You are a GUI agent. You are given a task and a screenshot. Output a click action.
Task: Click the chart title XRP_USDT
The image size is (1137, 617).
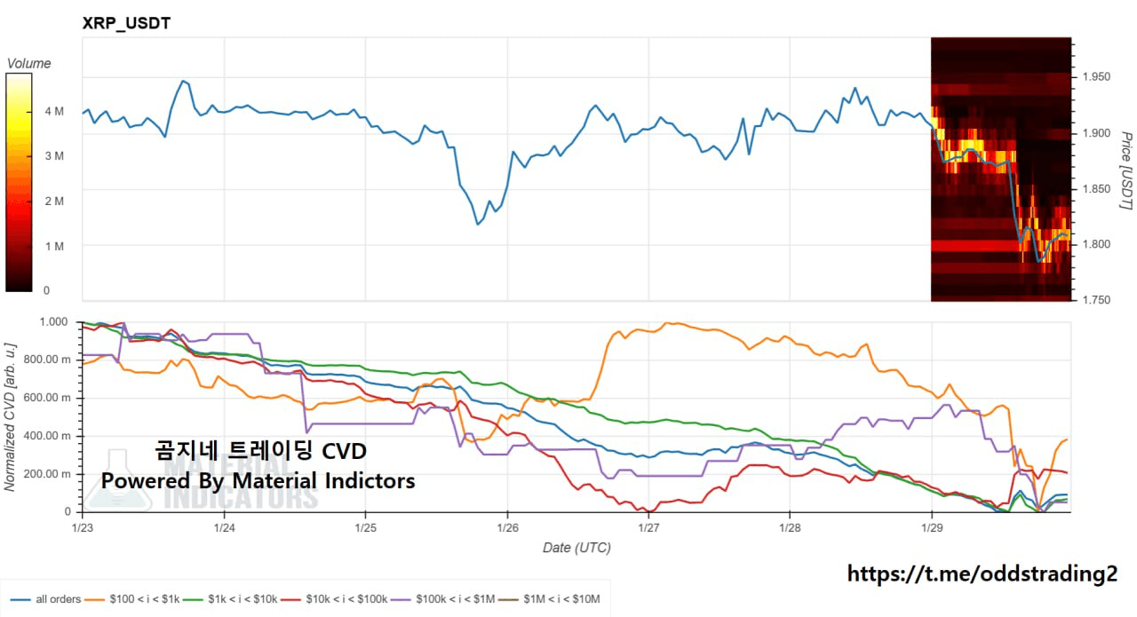tap(126, 24)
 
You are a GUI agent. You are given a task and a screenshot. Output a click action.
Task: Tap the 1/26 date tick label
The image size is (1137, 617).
tap(507, 526)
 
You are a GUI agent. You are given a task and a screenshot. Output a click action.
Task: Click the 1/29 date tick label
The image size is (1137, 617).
tap(931, 526)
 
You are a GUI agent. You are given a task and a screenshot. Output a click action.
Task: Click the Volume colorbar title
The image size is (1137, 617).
tap(28, 63)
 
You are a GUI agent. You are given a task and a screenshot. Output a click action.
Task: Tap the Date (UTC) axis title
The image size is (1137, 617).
tap(576, 548)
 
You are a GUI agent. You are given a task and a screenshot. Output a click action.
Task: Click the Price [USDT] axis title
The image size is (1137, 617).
tap(1125, 170)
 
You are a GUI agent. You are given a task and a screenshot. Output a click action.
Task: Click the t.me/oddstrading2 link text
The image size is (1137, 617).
tap(982, 574)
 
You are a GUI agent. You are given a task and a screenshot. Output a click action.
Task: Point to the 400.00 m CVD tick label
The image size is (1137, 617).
tap(45, 435)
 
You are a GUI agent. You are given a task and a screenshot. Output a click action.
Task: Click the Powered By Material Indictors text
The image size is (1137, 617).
tap(258, 480)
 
